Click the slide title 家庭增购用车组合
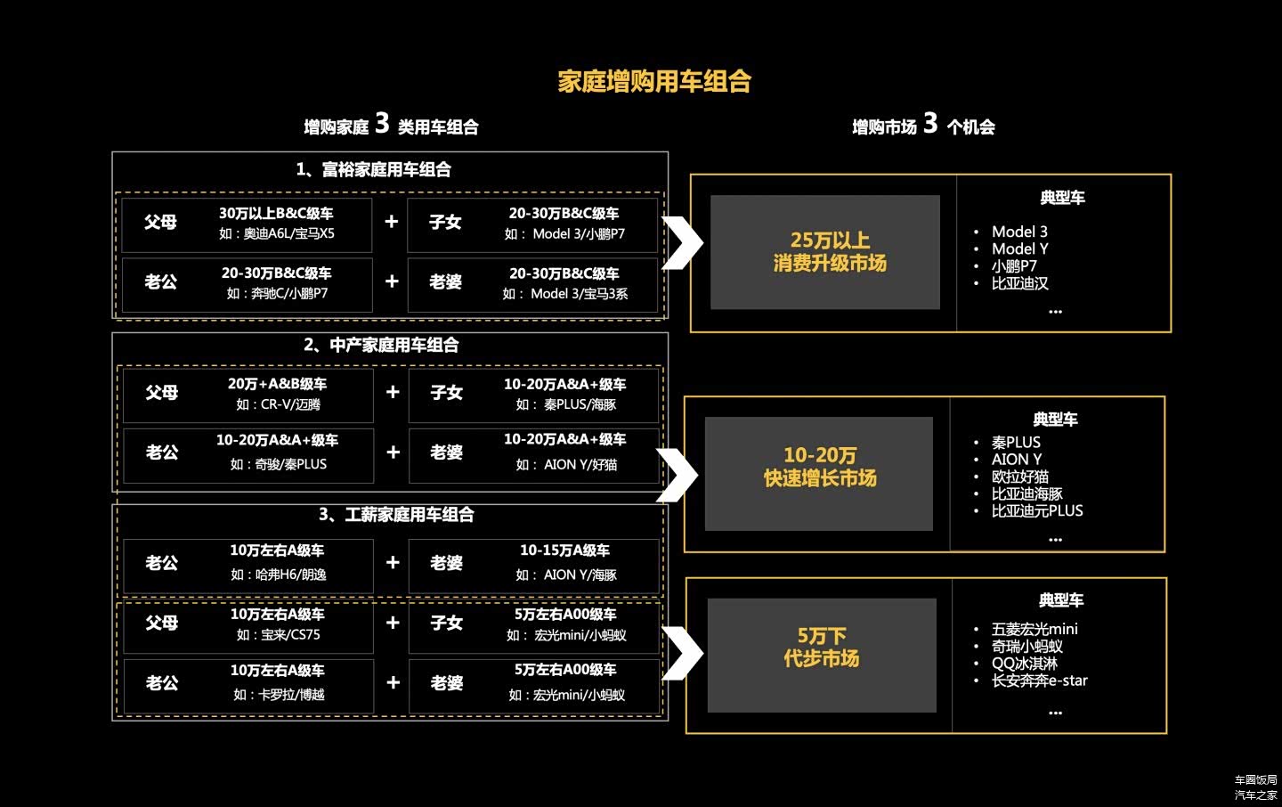pyautogui.click(x=654, y=82)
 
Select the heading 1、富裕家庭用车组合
pyautogui.click(x=373, y=169)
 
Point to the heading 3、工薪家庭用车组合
pyautogui.click(x=396, y=514)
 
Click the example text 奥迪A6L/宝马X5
pyautogui.click(x=277, y=233)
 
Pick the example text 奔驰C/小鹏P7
pyautogui.click(x=277, y=293)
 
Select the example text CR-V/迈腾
pyautogui.click(x=278, y=404)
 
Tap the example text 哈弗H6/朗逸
pyautogui.click(x=278, y=575)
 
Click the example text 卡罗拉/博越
pyautogui.click(x=278, y=695)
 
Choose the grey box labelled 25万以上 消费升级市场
pyautogui.click(x=825, y=252)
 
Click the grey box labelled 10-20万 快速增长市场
pyautogui.click(x=819, y=473)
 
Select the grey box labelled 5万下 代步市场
pyautogui.click(x=822, y=656)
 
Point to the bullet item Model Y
pyautogui.click(x=1020, y=249)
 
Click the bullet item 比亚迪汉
pyautogui.click(x=1020, y=283)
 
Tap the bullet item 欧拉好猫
pyautogui.click(x=1020, y=477)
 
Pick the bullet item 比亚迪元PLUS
pyautogui.click(x=1037, y=510)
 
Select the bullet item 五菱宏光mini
pyautogui.click(x=1035, y=629)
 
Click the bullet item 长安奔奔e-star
pyautogui.click(x=1040, y=681)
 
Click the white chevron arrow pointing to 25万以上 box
pyautogui.click(x=684, y=242)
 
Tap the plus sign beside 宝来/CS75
pyautogui.click(x=393, y=623)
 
